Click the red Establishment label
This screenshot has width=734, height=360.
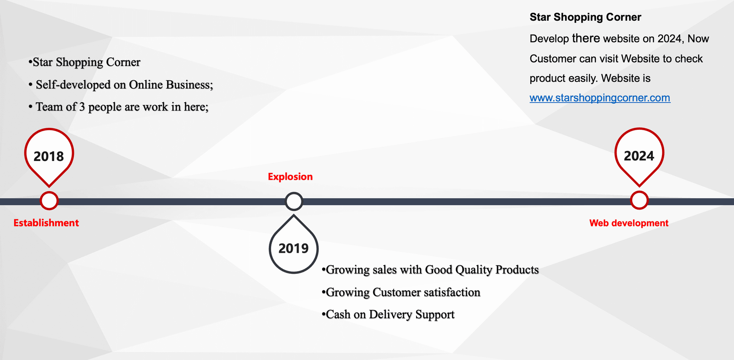click(46, 223)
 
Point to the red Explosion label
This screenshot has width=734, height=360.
click(290, 177)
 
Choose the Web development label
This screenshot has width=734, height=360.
click(629, 223)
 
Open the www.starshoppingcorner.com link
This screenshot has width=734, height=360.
click(600, 98)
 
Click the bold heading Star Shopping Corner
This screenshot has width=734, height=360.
click(585, 17)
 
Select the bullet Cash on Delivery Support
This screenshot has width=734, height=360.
click(388, 315)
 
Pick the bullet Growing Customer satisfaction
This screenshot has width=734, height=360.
click(401, 292)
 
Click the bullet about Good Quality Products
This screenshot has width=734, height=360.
click(430, 270)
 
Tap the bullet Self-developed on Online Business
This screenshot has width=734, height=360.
click(121, 85)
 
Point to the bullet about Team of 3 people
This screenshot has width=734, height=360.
click(118, 107)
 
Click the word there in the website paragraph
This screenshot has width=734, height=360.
click(586, 39)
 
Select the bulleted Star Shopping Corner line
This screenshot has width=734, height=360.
click(84, 62)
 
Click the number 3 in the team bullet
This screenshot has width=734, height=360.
click(82, 107)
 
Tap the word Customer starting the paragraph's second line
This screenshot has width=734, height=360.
click(553, 59)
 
